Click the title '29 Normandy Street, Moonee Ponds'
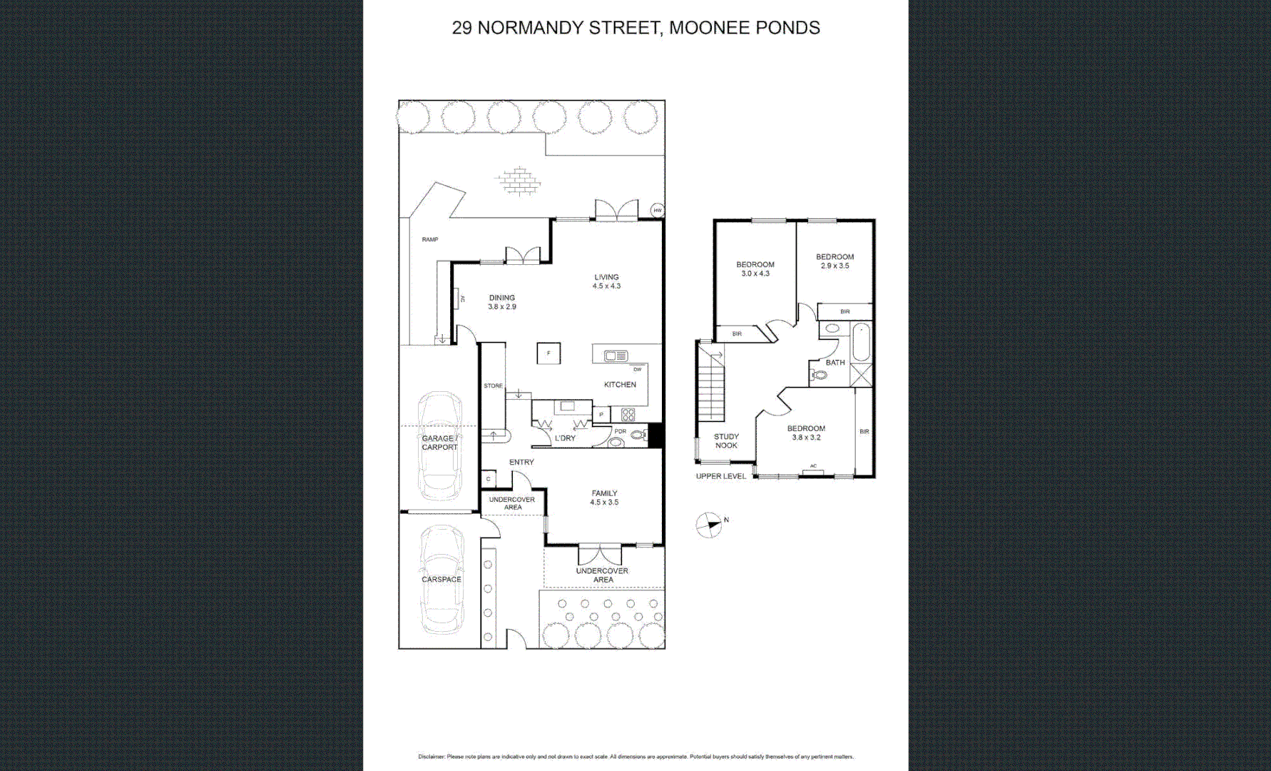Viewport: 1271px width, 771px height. (635, 28)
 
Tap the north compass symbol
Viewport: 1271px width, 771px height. (709, 525)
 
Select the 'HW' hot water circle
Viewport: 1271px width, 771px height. (657, 210)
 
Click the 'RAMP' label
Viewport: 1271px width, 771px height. (429, 239)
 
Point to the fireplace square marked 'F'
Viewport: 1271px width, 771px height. (548, 353)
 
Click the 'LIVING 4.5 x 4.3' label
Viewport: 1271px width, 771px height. (606, 281)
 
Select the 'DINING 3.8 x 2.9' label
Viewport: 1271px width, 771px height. (501, 302)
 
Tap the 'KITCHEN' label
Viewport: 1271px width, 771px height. (620, 385)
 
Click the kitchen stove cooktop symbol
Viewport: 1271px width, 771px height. (628, 414)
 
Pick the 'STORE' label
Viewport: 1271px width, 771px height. (493, 385)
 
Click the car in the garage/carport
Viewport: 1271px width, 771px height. (440, 446)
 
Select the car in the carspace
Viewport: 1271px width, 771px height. (441, 580)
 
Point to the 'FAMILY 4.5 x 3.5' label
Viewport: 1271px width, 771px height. (603, 498)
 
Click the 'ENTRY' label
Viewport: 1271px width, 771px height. (521, 462)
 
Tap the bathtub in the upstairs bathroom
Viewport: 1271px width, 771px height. (861, 343)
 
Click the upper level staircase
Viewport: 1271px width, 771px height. (711, 385)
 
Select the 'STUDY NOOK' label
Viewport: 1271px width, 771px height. (726, 440)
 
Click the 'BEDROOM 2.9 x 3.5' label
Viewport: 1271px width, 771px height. (834, 261)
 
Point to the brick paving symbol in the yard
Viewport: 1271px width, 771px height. (519, 181)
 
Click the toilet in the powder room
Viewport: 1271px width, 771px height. (638, 434)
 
